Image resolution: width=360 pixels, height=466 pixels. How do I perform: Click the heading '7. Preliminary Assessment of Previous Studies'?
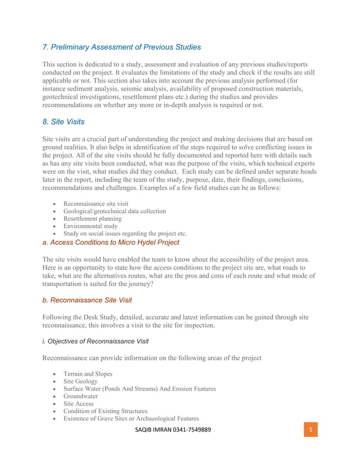coord(121,47)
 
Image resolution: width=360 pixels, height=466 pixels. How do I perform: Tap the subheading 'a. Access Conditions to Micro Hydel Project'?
coord(111,242)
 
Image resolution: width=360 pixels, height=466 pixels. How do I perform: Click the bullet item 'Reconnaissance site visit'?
coord(96,204)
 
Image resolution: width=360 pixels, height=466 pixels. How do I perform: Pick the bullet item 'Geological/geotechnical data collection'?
coord(115,211)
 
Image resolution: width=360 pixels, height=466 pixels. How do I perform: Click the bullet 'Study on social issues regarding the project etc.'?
coord(125,233)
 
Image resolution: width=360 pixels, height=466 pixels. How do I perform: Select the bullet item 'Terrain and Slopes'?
coord(87,374)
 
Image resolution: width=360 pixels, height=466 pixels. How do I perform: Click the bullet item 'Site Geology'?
coord(80,381)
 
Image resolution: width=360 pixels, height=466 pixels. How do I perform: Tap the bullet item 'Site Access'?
coord(79,403)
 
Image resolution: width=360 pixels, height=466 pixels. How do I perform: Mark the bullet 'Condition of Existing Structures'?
coord(106,411)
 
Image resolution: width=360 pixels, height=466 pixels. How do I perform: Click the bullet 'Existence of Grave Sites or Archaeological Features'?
coord(131,418)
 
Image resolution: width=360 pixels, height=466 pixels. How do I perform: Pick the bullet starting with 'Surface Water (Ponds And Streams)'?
coord(139,389)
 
